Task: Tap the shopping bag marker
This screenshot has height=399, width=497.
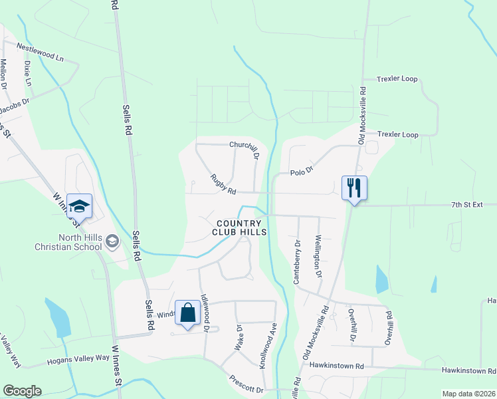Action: [x=188, y=313]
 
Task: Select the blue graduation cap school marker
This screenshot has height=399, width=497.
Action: [x=79, y=205]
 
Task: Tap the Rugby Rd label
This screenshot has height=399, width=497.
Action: [x=223, y=185]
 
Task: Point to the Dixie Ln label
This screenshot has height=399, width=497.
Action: [x=28, y=74]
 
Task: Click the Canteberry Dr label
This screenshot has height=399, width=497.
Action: [x=297, y=262]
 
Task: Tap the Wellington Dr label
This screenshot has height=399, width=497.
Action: [x=318, y=257]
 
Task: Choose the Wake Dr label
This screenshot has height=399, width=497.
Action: [x=239, y=337]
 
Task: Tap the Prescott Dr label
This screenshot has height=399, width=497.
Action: [x=247, y=386]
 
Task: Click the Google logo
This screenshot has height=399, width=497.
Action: [x=21, y=391]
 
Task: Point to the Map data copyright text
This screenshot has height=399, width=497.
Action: [x=468, y=394]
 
